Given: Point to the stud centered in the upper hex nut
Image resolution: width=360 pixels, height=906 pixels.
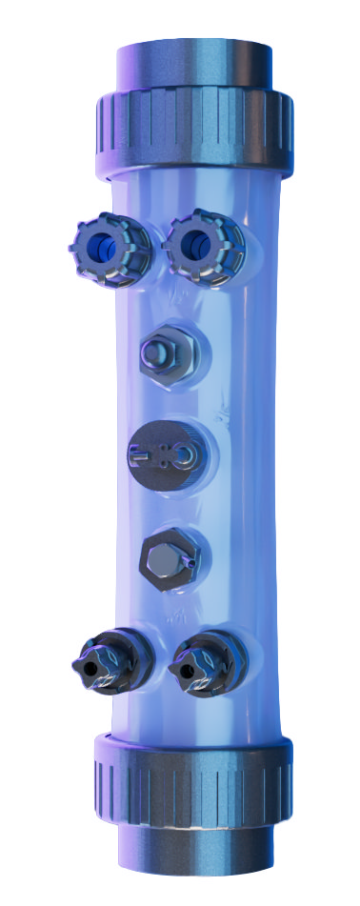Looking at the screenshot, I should tap(157, 356).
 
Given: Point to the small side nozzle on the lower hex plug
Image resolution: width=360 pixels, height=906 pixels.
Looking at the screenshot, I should tap(190, 563).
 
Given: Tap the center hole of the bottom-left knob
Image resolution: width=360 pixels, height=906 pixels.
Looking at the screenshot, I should tap(90, 670).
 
